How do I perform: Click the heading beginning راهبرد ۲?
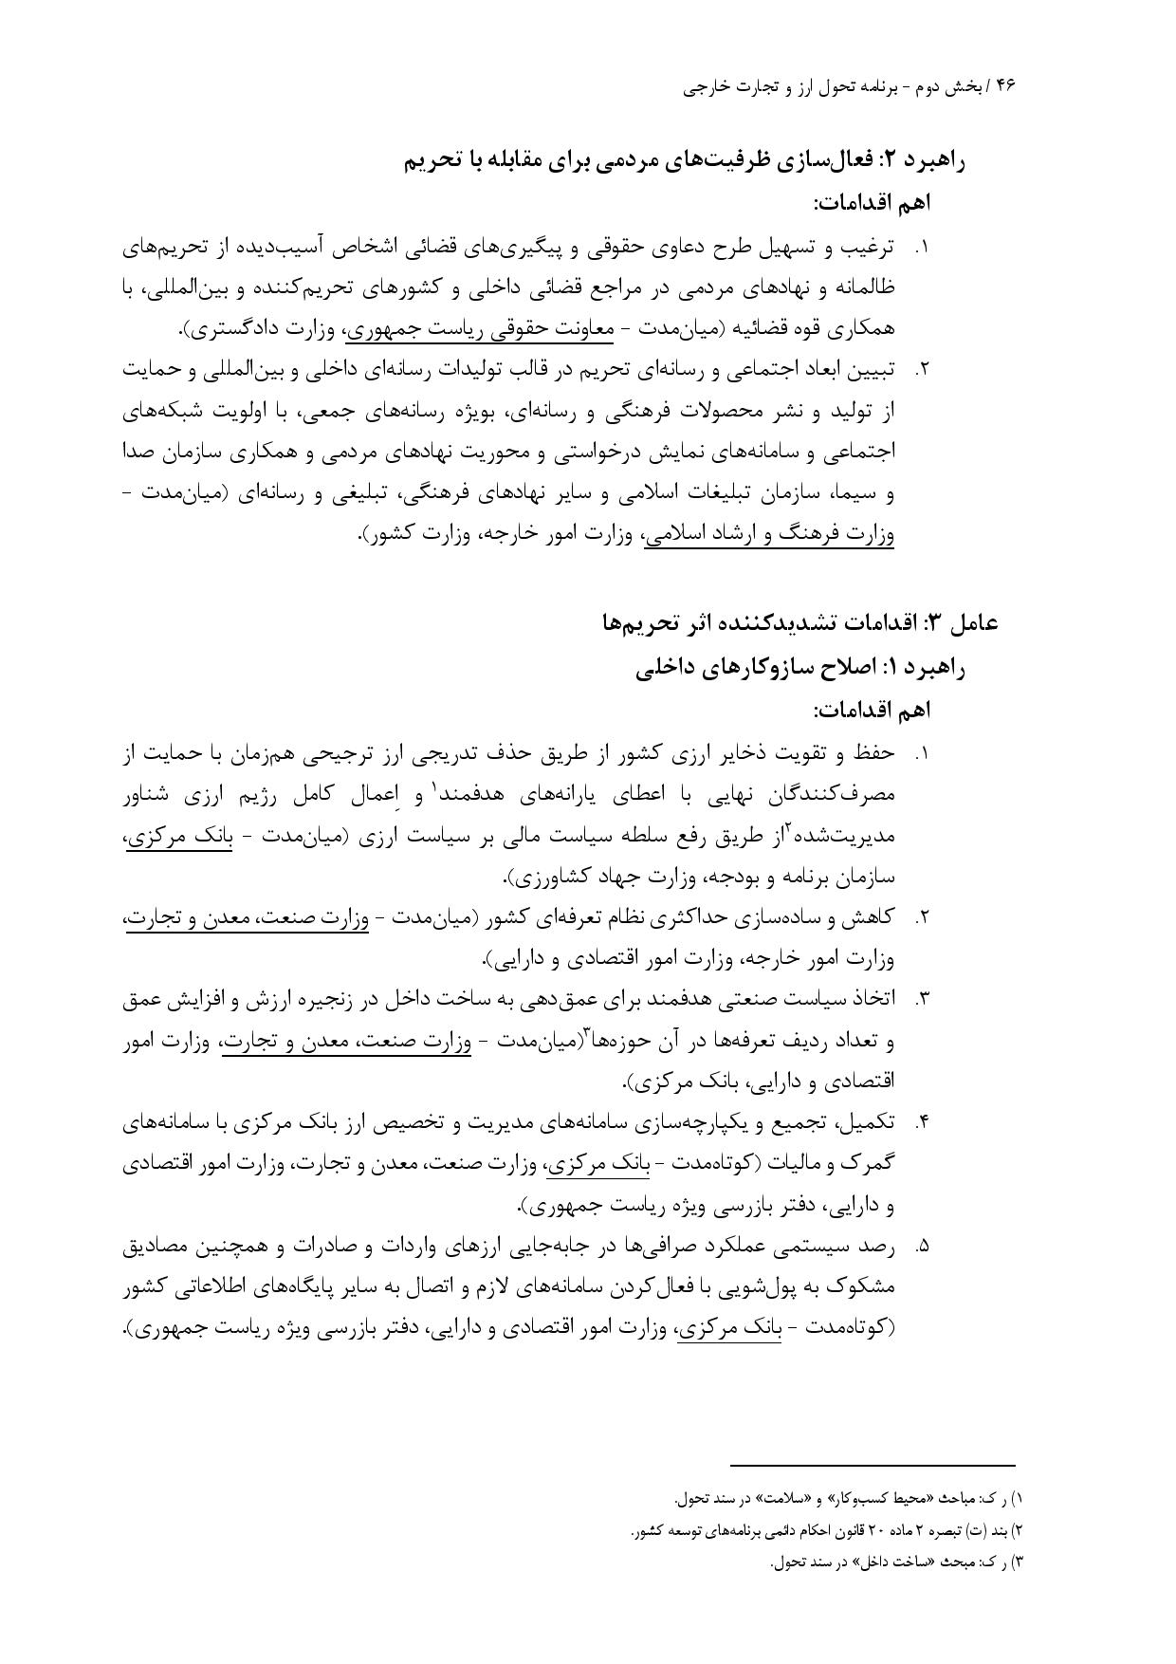click(684, 161)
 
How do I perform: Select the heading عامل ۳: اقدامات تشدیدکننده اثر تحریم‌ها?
click(799, 622)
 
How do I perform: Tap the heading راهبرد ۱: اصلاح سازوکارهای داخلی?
click(799, 667)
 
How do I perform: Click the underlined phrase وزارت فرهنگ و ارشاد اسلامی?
click(769, 534)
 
